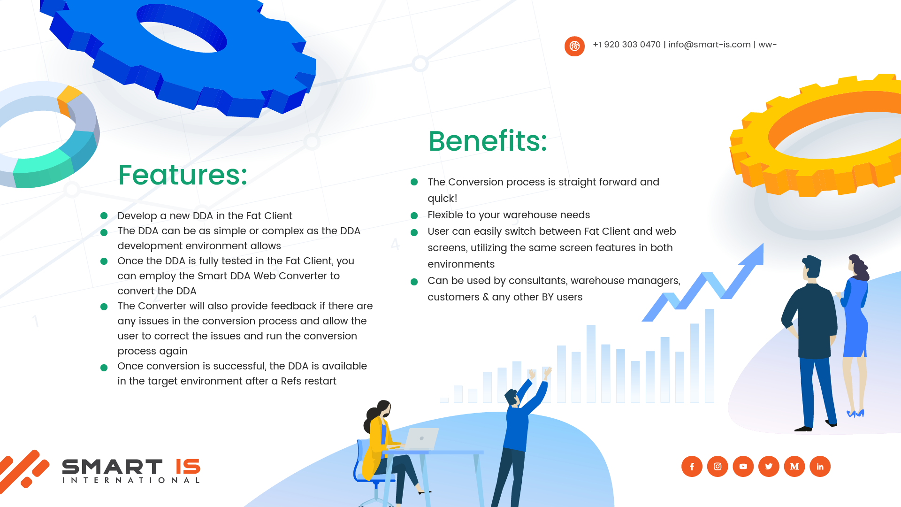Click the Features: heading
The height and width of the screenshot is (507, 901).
point(183,175)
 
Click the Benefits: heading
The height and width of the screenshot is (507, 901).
point(488,141)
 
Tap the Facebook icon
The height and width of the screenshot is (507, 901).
point(692,467)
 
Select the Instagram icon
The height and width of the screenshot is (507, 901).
point(718,467)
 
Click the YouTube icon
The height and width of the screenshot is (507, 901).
point(743,467)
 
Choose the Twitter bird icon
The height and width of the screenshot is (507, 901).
point(769,467)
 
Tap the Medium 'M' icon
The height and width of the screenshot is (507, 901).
point(794,467)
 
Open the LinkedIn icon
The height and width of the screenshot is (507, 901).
point(820,467)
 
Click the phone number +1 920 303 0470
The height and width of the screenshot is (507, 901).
point(626,45)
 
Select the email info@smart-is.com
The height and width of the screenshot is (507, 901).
point(710,45)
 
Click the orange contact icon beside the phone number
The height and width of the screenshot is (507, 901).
point(574,46)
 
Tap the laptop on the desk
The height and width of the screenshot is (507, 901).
point(421,439)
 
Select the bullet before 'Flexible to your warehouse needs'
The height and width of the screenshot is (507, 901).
point(414,216)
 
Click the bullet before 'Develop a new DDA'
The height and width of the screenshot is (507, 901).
point(104,216)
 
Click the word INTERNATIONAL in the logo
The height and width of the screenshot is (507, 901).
point(131,480)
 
